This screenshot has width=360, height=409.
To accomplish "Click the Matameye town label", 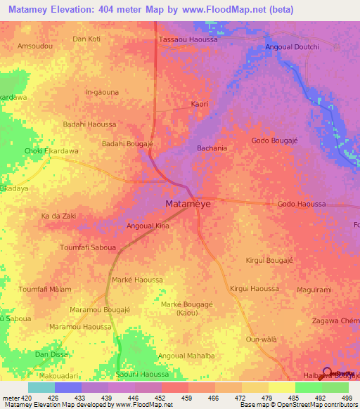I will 187,204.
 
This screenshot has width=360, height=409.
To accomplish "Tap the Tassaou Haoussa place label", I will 188,40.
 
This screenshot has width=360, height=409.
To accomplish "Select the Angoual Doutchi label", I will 292,47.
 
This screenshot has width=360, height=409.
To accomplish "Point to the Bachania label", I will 212,148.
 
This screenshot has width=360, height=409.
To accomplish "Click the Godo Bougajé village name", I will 276,141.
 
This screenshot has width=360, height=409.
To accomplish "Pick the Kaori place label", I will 200,104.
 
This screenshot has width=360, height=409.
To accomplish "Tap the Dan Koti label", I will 86,39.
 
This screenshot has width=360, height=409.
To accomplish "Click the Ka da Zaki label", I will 59,216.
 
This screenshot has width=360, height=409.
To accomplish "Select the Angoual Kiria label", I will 148,226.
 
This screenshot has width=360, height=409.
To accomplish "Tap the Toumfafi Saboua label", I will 89,247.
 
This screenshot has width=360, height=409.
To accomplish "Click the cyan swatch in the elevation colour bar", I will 41,387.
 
